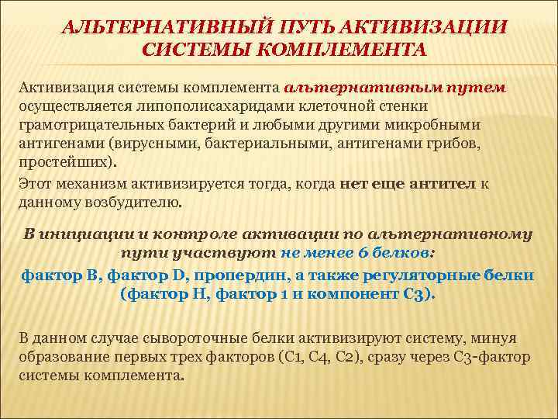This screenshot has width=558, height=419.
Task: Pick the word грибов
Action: coord(456,144)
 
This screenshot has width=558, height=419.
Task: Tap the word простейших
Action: coord(62,162)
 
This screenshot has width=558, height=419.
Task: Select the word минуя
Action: coord(497,338)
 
